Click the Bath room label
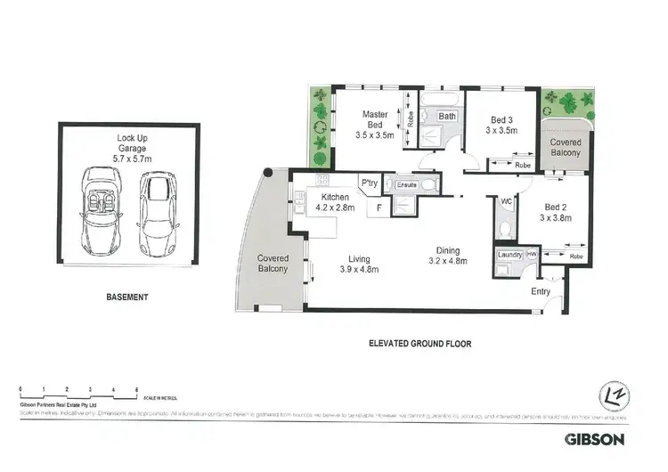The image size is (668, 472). click(446, 117)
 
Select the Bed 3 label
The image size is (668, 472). click(501, 126)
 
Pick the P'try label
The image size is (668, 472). click(369, 184)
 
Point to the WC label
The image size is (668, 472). click(505, 202)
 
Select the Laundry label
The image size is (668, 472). click(509, 256)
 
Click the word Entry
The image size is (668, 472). click(540, 291)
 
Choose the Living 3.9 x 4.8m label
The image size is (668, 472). click(359, 264)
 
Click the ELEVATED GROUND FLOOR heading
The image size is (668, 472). click(420, 342)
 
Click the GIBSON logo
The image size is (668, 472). click(596, 438)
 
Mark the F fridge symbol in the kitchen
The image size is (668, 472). click(380, 209)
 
